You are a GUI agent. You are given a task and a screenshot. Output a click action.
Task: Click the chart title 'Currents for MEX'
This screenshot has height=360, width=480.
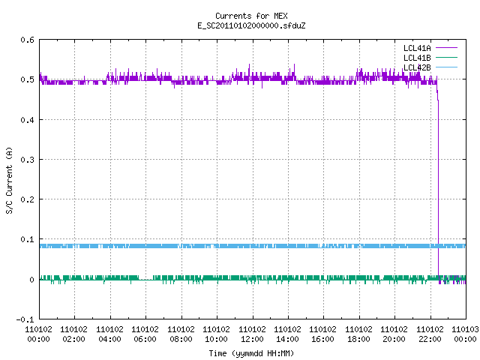click(251, 16)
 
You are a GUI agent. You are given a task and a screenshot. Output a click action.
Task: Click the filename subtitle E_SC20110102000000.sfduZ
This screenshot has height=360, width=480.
click(251, 25)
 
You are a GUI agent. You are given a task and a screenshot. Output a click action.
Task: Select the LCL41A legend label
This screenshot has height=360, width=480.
click(417, 48)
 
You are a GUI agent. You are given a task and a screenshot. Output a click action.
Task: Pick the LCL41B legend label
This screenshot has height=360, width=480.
click(417, 58)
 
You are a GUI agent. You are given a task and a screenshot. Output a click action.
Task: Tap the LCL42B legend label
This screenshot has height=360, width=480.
click(417, 67)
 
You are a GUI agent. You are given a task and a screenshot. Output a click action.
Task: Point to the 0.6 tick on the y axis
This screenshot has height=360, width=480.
click(28, 40)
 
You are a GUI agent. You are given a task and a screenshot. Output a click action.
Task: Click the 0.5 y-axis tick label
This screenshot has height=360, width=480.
click(28, 79)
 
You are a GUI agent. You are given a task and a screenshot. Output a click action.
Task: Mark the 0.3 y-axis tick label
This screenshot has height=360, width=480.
click(28, 160)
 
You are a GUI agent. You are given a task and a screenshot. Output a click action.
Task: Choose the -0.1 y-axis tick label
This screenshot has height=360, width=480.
click(25, 319)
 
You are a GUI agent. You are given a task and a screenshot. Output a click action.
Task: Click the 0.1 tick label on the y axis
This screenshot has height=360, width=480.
click(28, 239)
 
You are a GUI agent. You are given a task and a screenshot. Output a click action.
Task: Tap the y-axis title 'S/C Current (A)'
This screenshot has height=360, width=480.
click(9, 180)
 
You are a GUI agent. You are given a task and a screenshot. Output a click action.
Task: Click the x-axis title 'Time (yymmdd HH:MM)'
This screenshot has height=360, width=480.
click(251, 353)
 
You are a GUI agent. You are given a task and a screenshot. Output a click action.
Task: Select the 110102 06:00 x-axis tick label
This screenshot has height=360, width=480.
click(145, 334)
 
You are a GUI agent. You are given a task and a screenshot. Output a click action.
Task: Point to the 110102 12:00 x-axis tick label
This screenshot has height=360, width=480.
click(252, 334)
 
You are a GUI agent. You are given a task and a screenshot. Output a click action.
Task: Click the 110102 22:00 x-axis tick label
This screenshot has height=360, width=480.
click(430, 334)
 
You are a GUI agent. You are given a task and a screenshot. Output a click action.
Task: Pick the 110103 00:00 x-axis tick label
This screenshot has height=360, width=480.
click(465, 334)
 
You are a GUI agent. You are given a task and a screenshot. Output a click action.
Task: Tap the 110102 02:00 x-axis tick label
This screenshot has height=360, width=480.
click(73, 334)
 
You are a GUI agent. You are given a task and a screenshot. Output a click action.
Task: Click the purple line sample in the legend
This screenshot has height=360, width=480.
click(446, 48)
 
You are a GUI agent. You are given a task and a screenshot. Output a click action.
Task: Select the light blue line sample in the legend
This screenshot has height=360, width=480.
click(446, 67)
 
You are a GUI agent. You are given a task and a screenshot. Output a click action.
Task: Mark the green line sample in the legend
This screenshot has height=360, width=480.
click(446, 58)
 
